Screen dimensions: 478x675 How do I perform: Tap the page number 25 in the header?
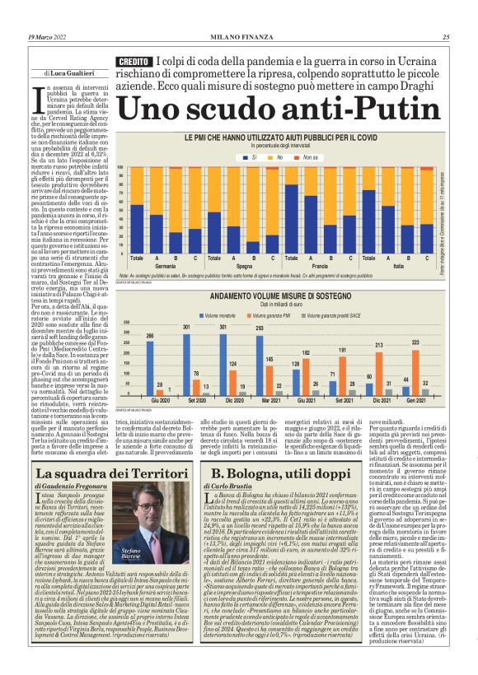(446, 37)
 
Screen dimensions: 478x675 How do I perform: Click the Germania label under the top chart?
(165, 268)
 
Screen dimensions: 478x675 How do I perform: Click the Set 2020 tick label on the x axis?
(198, 401)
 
